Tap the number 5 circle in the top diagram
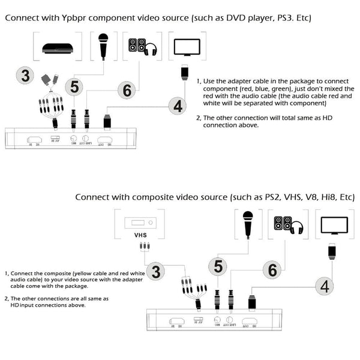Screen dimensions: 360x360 74,87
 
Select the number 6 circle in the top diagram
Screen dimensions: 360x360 127,91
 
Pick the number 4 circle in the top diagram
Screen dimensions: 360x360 177,107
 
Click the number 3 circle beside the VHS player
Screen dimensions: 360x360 155,271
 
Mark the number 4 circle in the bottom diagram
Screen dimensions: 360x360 325,286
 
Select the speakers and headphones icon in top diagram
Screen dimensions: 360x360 142,47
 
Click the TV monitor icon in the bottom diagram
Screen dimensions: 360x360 333,225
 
